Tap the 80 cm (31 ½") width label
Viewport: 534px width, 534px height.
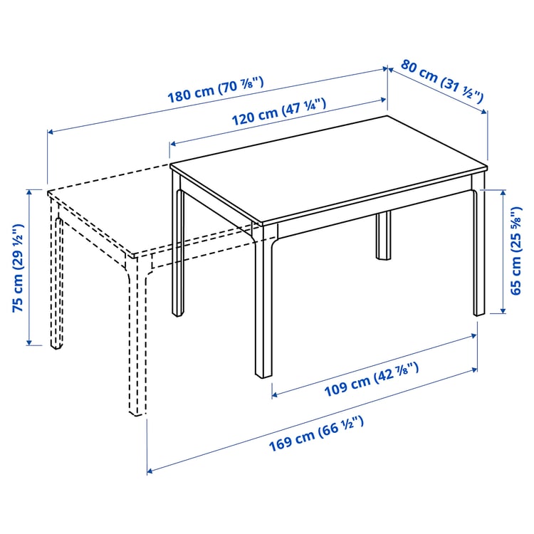click(442, 80)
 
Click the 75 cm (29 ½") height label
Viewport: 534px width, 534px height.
click(18, 267)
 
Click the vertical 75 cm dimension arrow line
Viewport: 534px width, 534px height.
click(29, 267)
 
